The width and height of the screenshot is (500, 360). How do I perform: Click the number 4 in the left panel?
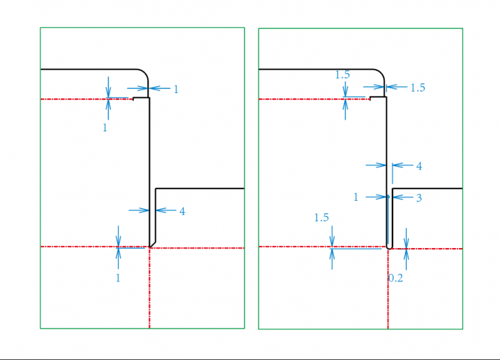(182, 211)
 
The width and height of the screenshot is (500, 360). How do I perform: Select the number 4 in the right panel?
(419, 166)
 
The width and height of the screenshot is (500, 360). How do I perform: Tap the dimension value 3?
(419, 198)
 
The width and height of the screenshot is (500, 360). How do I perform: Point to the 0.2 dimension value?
(396, 278)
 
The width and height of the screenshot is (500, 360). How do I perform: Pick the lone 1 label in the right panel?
(356, 197)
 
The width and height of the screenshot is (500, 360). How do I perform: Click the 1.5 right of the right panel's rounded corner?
(418, 88)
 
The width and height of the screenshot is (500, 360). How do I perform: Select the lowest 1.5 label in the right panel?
(322, 218)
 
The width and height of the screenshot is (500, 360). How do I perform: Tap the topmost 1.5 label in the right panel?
(342, 74)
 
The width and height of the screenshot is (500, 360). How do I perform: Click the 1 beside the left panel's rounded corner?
(176, 90)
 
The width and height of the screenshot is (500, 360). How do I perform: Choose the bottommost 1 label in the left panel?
(118, 278)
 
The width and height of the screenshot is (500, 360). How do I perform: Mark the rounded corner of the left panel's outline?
(144, 73)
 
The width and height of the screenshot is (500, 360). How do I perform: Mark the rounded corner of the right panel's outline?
(381, 73)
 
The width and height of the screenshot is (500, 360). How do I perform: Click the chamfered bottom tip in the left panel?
(153, 245)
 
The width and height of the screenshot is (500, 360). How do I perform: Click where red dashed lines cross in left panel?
(149, 247)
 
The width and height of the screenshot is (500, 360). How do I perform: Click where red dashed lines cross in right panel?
(388, 248)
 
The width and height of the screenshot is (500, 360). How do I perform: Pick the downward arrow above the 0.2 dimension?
(406, 238)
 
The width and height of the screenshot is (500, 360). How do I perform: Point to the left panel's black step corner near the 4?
(156, 188)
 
